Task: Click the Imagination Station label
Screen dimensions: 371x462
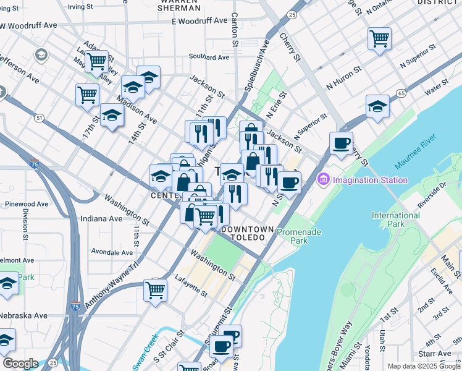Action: (x=370, y=180)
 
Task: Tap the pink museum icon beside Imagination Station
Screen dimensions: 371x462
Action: (x=322, y=180)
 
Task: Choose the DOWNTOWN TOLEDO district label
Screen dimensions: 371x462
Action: (x=247, y=229)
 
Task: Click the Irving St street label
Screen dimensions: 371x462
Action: (x=84, y=7)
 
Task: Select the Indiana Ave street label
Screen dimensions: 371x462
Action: (x=102, y=218)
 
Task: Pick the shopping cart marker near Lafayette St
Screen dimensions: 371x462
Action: (x=156, y=289)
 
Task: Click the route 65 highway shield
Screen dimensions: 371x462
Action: (x=401, y=93)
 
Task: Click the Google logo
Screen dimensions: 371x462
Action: (x=20, y=364)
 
